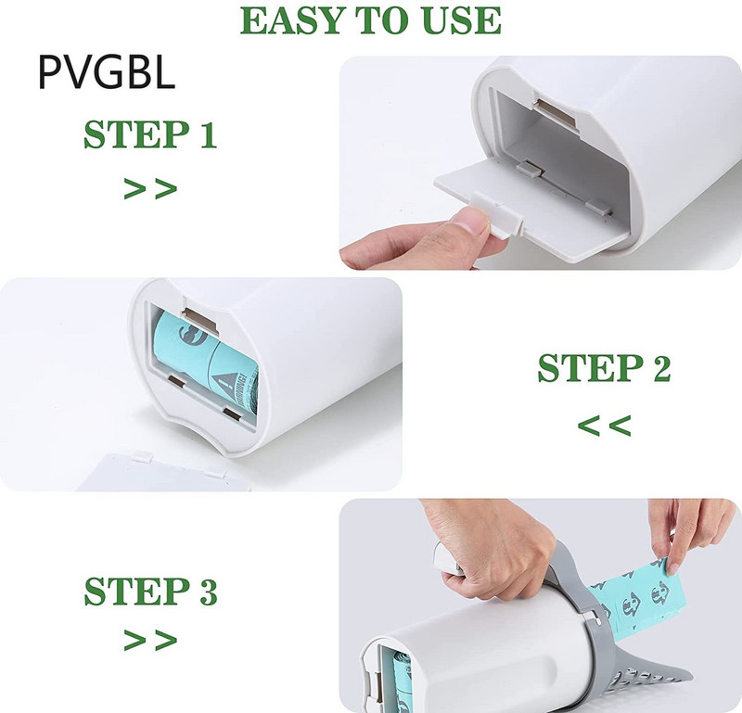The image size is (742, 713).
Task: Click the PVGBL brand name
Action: point(107,72)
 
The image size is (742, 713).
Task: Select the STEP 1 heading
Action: point(150,134)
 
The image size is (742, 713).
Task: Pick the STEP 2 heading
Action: point(604,367)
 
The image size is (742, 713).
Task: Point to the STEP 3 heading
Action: point(150,591)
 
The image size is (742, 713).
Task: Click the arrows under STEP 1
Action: point(150,188)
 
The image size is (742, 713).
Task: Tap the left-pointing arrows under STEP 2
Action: point(605,426)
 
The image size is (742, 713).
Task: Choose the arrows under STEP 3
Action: point(150,640)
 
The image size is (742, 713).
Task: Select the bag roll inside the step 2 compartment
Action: point(207,362)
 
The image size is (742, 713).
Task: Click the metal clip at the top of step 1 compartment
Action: point(556,112)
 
